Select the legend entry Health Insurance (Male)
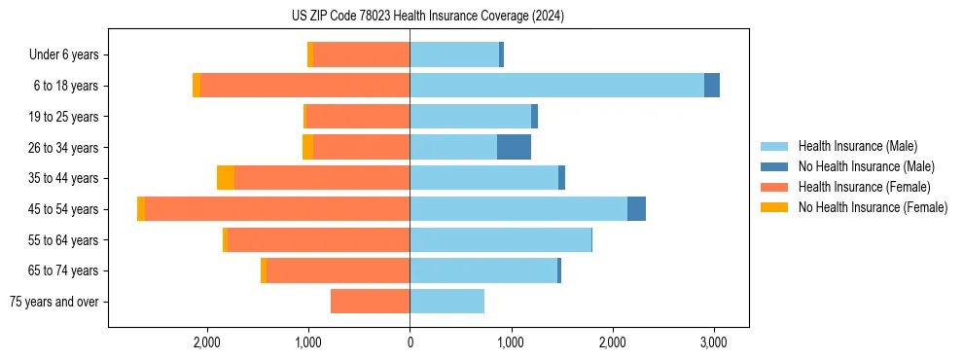857,146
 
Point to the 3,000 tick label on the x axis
714,342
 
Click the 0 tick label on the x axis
410,342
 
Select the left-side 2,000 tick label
206,342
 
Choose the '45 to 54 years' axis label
65,209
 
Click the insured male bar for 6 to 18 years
556,86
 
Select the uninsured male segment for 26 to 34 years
514,148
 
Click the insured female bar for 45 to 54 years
277,209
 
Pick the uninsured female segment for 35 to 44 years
226,178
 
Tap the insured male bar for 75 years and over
446,302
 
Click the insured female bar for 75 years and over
371,302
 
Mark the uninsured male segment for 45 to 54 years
636,209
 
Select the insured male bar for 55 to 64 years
500,240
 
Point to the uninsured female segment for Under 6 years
310,55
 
